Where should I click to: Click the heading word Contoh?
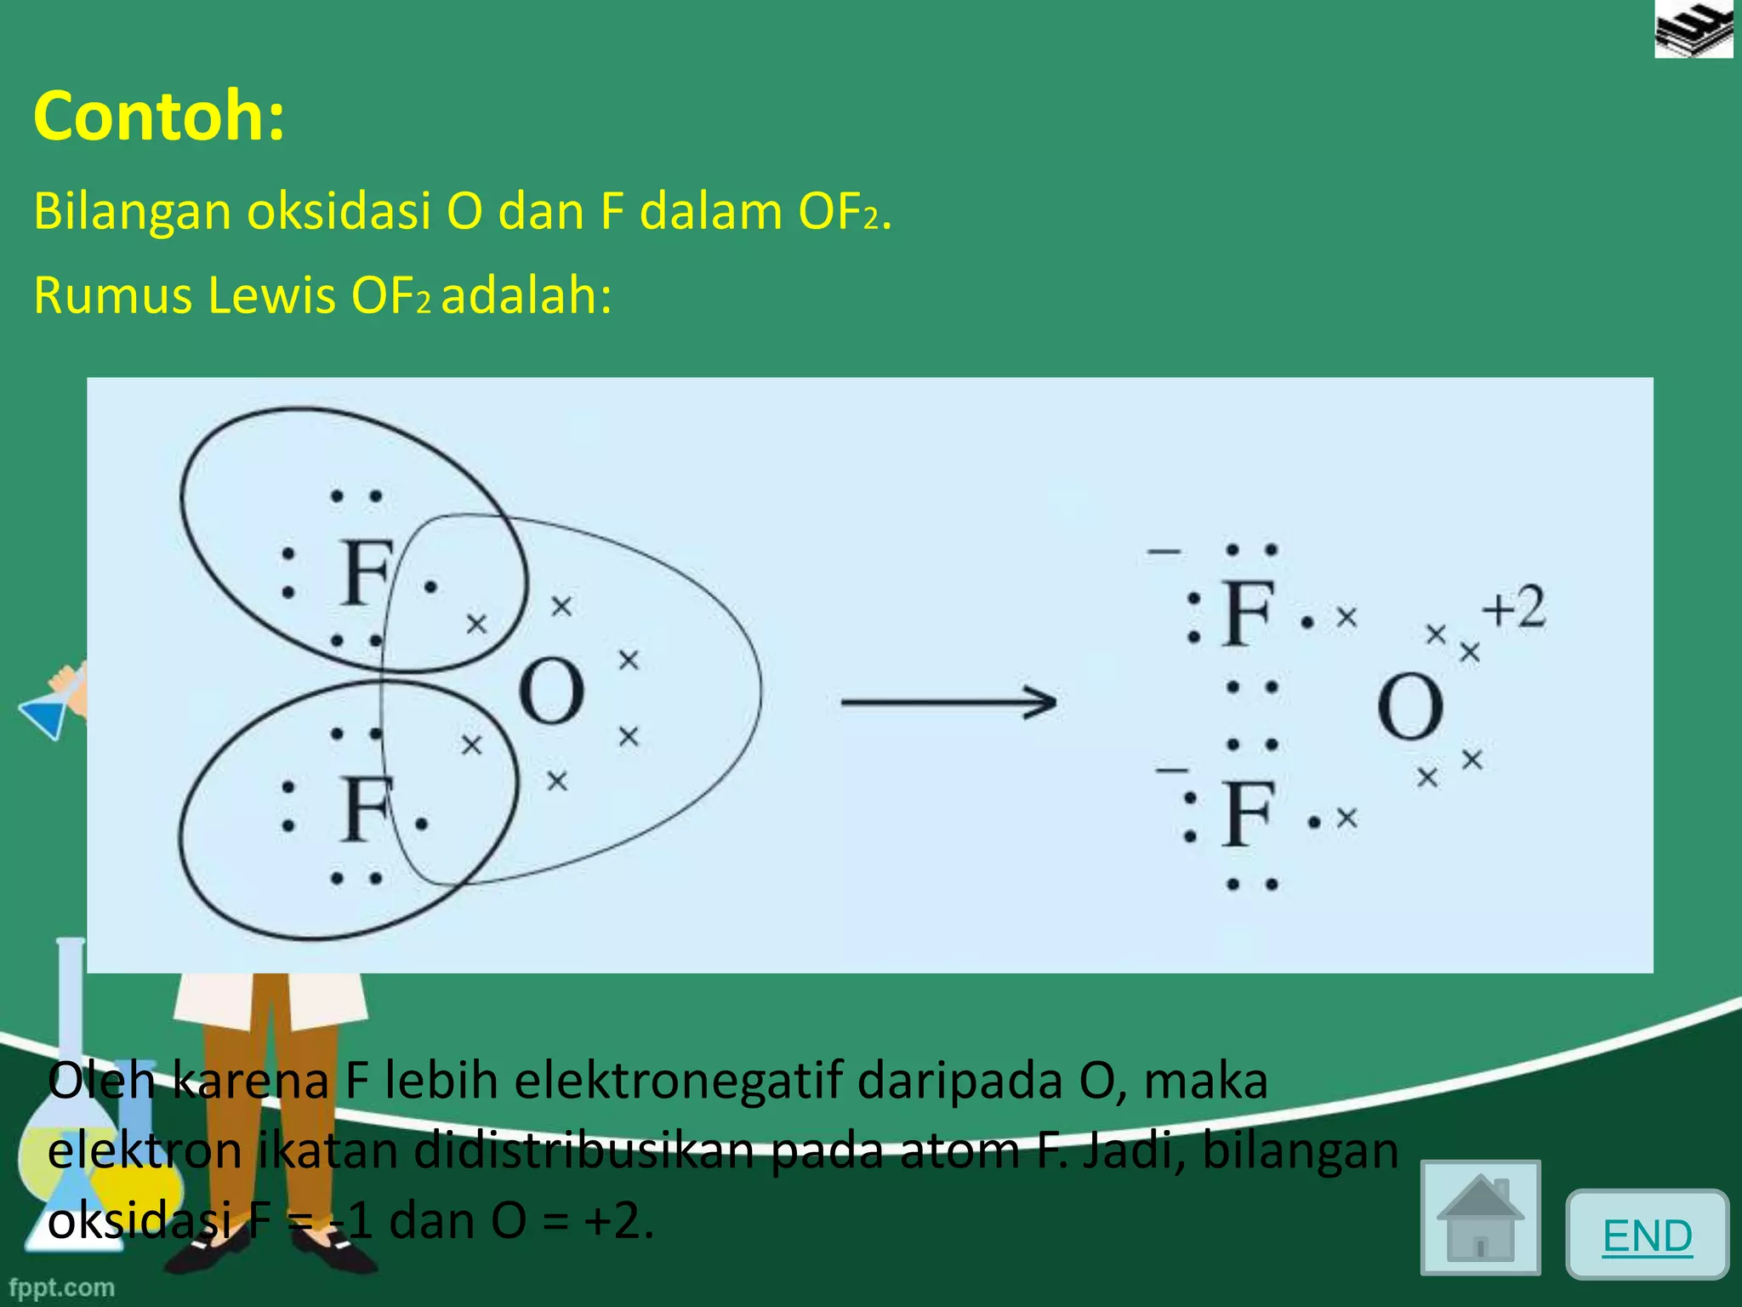[159, 116]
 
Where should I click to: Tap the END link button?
[1647, 1236]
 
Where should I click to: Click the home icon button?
[1480, 1218]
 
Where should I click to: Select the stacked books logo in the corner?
[1694, 30]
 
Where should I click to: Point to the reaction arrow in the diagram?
[948, 703]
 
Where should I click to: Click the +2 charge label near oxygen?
[1514, 608]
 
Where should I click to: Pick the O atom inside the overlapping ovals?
[551, 691]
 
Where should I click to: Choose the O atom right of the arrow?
[1410, 706]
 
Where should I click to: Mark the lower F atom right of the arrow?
[1248, 814]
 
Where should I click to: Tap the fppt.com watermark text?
[61, 1287]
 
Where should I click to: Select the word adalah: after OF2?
[527, 296]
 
